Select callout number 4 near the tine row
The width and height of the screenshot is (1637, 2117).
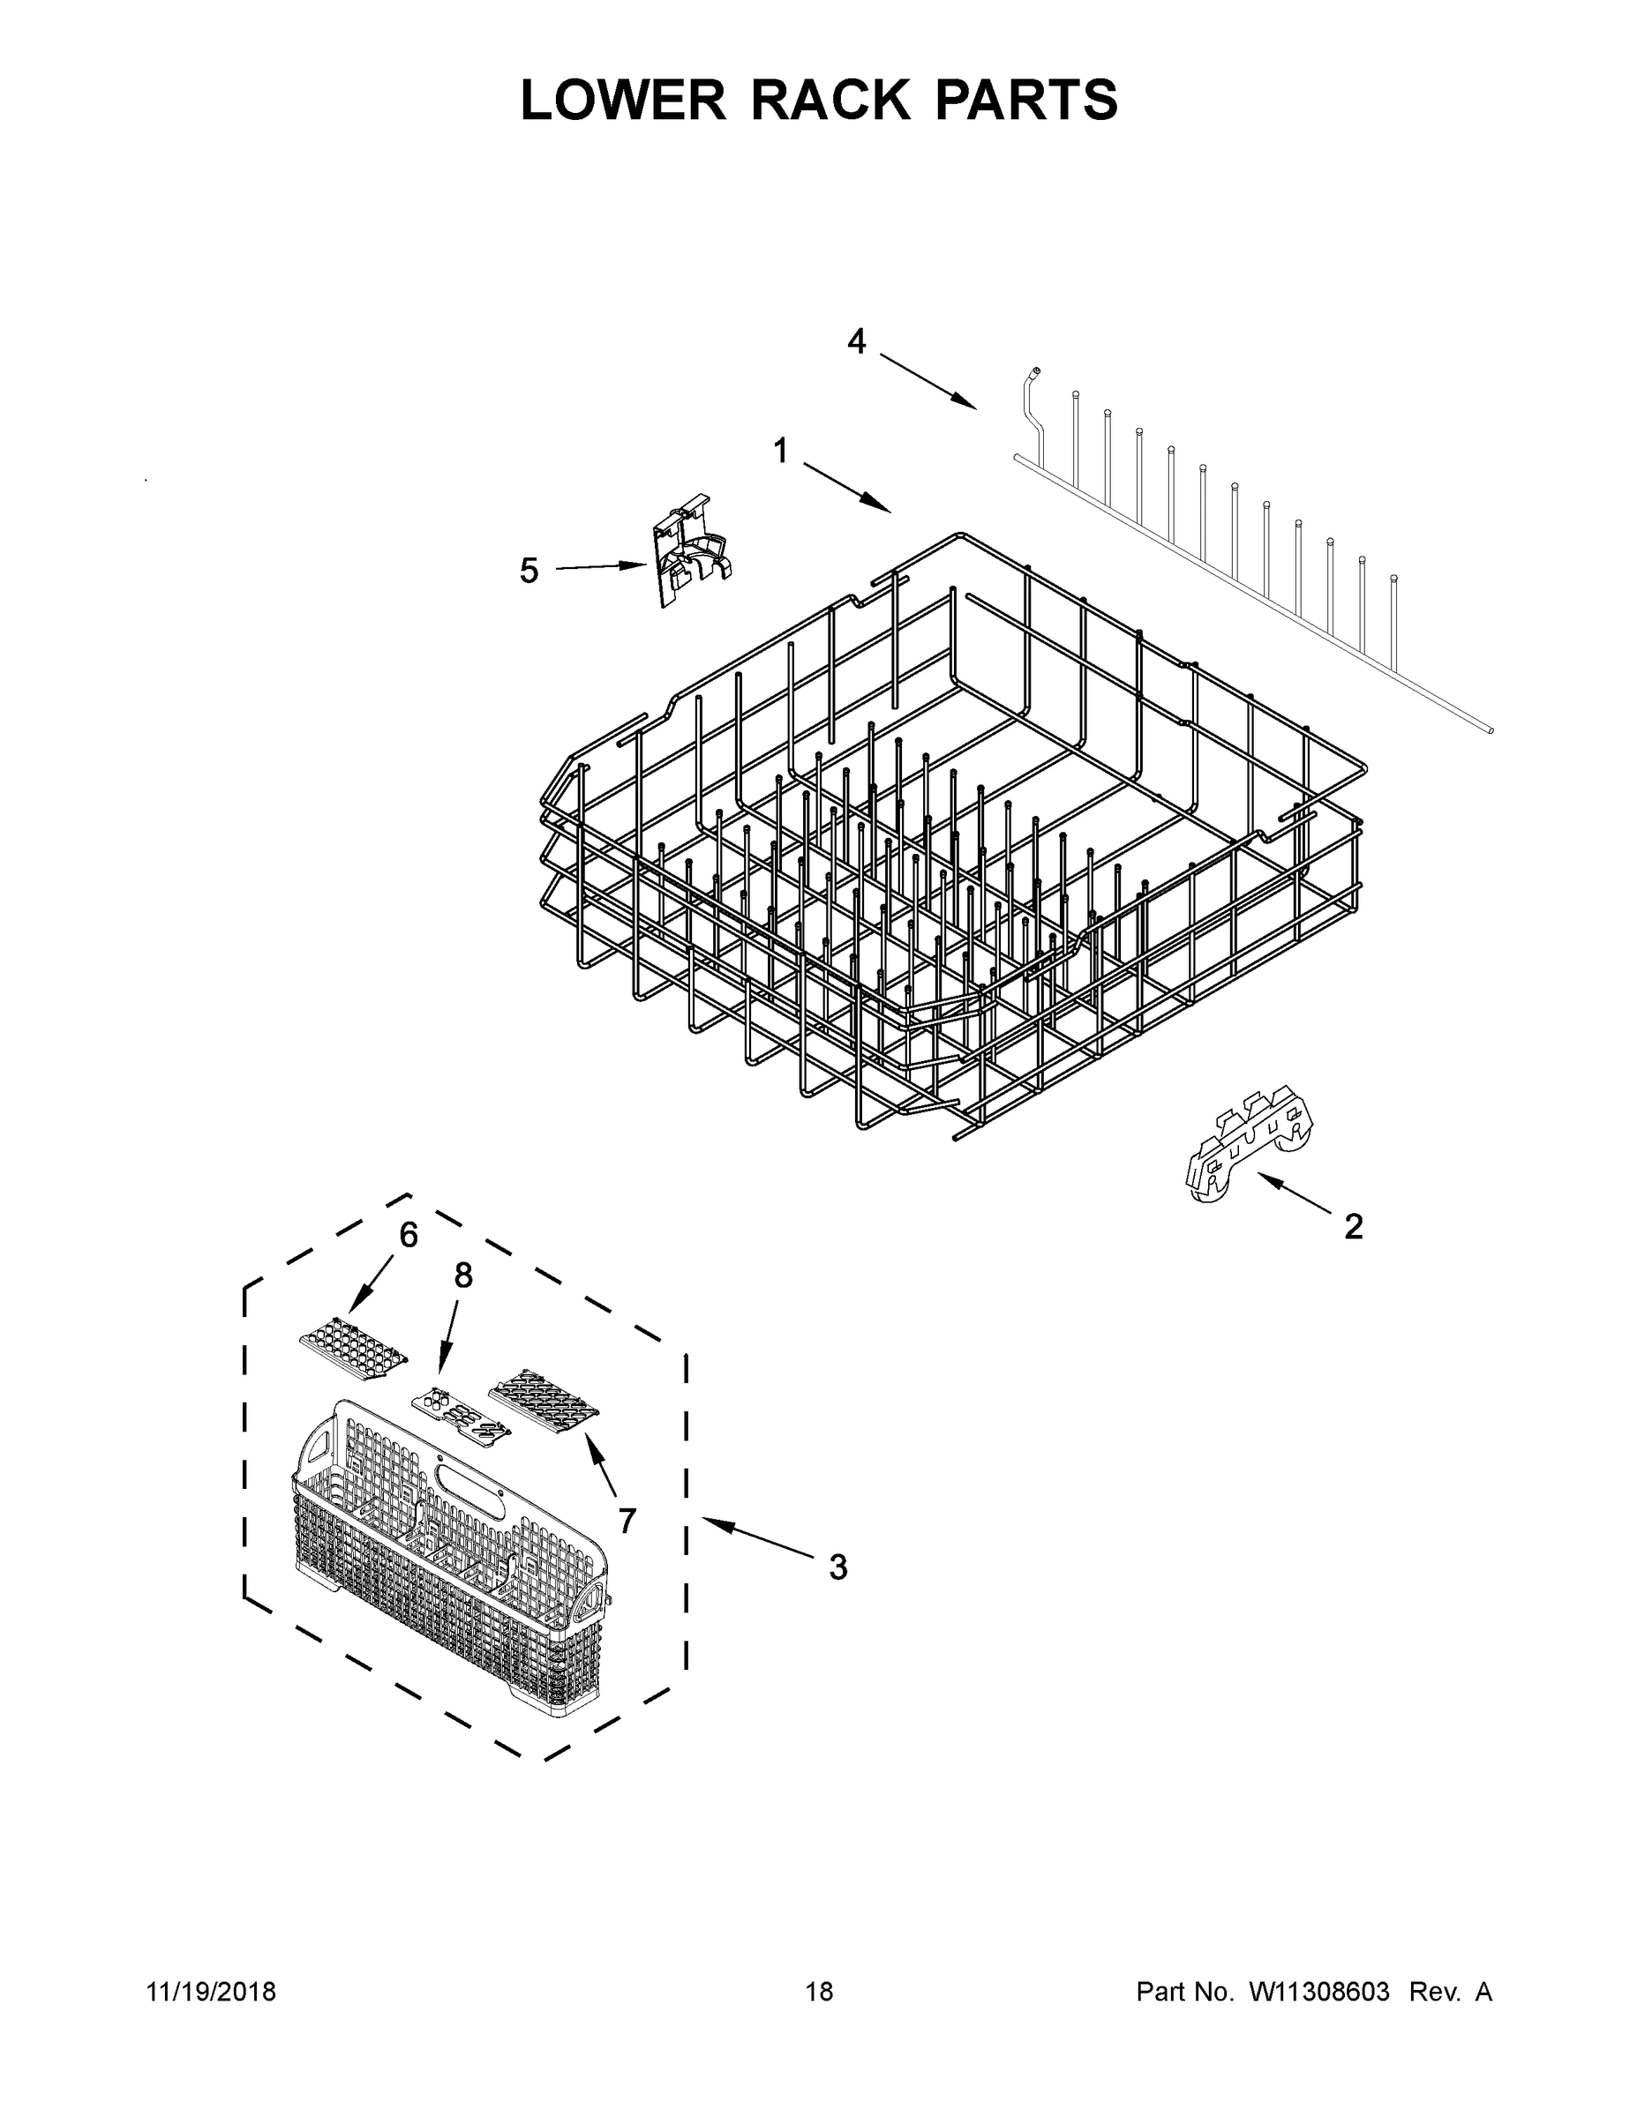pos(856,341)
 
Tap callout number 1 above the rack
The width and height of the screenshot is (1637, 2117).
pos(781,451)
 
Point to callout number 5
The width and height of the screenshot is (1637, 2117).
pos(529,571)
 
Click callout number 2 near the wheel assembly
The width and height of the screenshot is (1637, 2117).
pos(1354,1227)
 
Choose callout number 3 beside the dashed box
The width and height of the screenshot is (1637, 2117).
pos(837,1567)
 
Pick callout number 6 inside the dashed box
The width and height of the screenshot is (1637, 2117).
pos(409,1235)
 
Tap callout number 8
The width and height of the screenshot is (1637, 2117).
pos(463,1275)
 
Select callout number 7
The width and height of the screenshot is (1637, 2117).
pos(627,1522)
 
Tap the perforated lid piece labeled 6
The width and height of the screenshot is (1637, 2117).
pos(353,1350)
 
